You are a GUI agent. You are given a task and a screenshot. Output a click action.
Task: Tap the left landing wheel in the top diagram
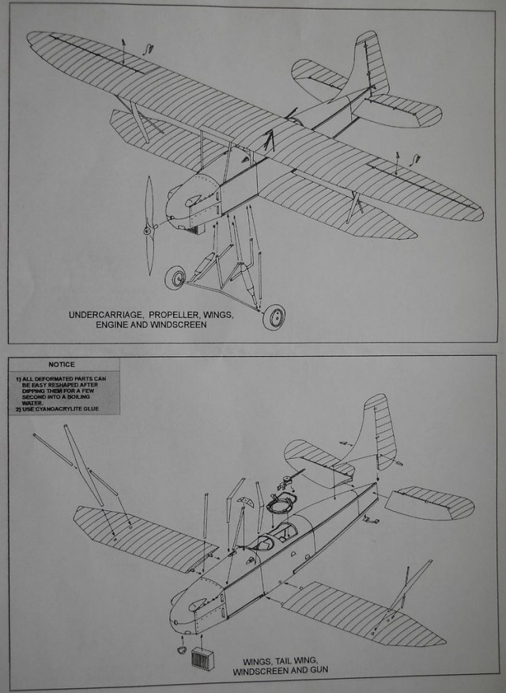(x=176, y=278)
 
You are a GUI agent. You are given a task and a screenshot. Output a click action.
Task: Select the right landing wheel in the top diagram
(x=274, y=317)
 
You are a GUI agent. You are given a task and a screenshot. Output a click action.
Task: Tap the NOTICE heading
(x=61, y=365)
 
